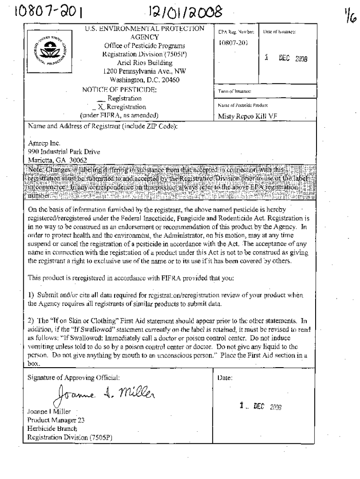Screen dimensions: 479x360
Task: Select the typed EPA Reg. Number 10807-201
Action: point(233,43)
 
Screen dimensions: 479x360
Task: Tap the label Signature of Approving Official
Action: point(73,365)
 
